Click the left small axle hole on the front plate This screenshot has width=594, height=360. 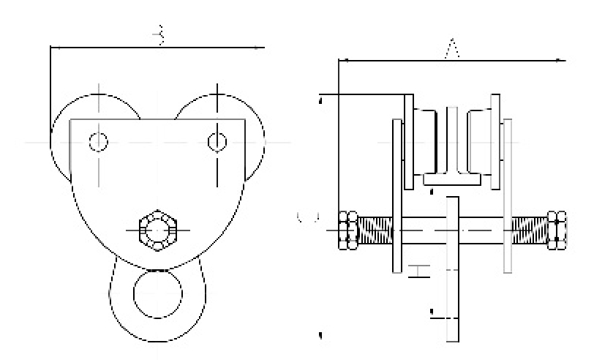pos(98,140)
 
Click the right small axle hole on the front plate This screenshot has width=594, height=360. pos(217,140)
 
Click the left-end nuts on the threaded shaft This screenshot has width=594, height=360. pos(348,230)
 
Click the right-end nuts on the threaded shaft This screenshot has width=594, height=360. pos(557,230)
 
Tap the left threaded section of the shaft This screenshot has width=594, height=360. pos(375,230)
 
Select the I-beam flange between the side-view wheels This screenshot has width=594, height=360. pos(452,178)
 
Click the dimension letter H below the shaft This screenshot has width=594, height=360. pos(417,271)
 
